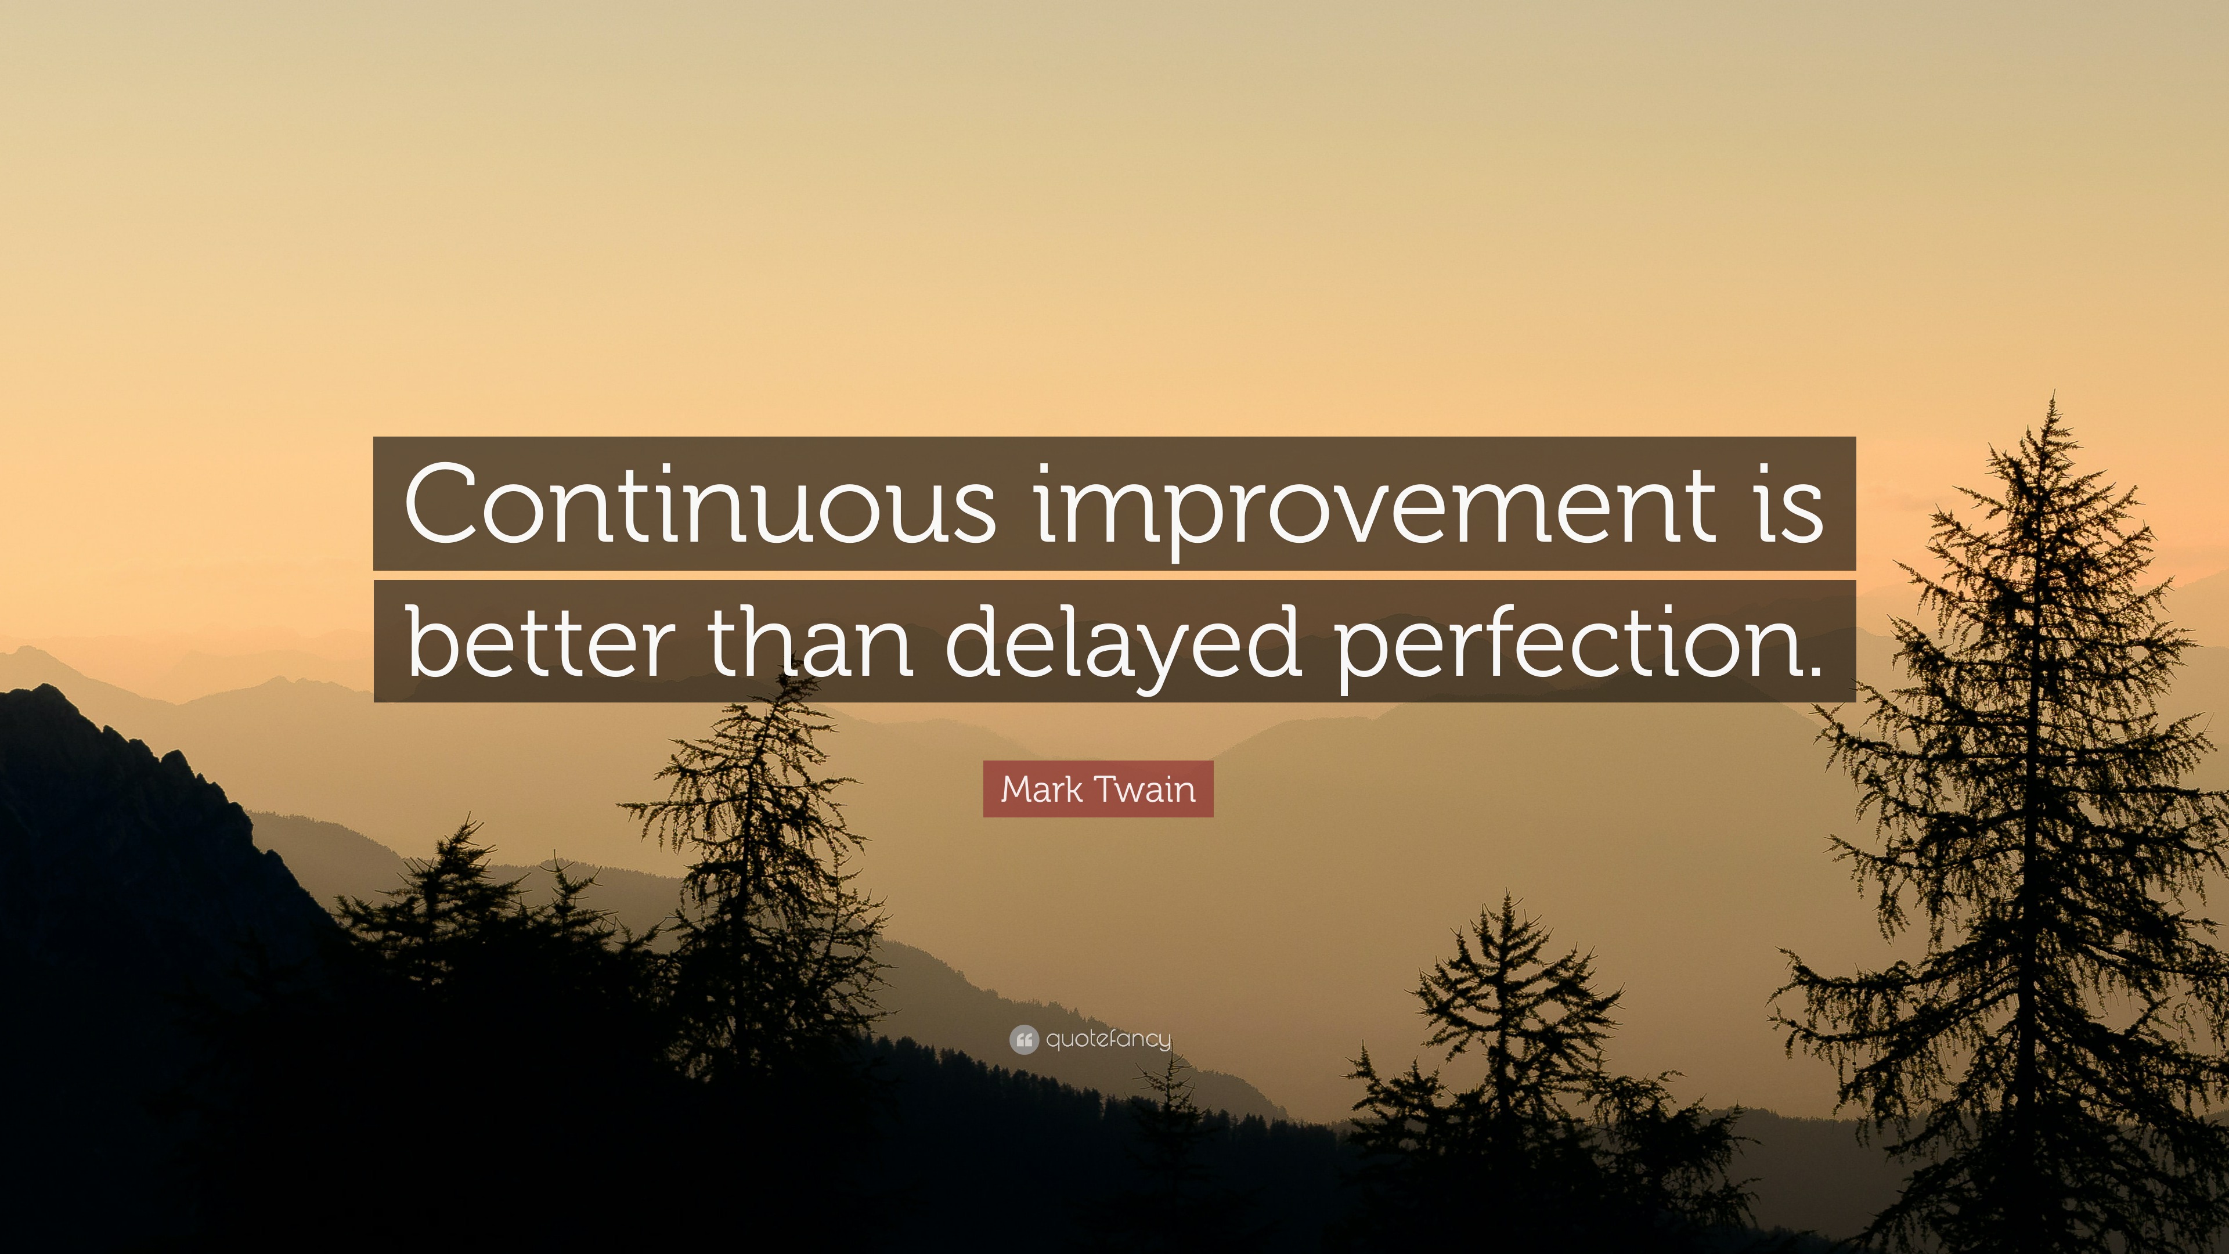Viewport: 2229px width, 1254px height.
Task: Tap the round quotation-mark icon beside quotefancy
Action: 1023,1039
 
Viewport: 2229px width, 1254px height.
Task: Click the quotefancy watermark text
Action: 1109,1039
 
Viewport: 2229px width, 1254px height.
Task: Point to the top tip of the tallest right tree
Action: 2053,394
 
